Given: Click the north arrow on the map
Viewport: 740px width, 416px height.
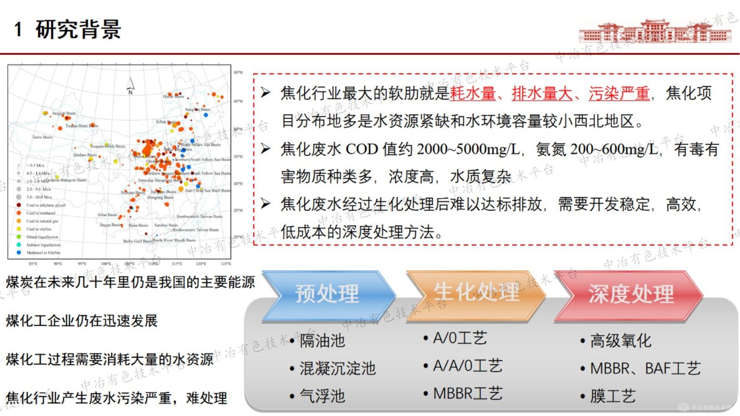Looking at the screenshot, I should coord(130,86).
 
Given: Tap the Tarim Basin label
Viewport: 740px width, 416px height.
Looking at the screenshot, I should coord(42,137).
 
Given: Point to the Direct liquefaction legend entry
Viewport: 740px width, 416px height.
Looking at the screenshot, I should coord(42,237).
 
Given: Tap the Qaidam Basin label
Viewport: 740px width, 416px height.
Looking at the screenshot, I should coord(85,155).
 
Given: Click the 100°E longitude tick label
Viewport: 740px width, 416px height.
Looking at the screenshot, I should coord(106,264).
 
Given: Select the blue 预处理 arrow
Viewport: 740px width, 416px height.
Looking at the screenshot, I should coord(327,295).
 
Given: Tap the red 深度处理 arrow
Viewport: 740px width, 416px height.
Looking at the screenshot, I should coord(630,295).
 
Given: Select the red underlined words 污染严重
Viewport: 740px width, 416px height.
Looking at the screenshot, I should coord(619,93).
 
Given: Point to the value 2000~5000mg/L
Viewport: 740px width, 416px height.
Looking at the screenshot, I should coord(468,149).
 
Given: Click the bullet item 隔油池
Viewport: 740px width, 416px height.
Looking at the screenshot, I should coord(322,341).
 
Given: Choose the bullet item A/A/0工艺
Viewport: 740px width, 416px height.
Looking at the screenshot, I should coord(467,366).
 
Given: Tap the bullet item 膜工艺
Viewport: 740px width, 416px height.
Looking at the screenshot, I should coord(612,396).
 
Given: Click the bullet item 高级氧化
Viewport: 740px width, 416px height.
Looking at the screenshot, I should coord(620,341).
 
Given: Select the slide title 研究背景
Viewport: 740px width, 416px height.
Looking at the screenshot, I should coord(78,30).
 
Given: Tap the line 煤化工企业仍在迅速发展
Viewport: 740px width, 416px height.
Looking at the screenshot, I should coord(82,321).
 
